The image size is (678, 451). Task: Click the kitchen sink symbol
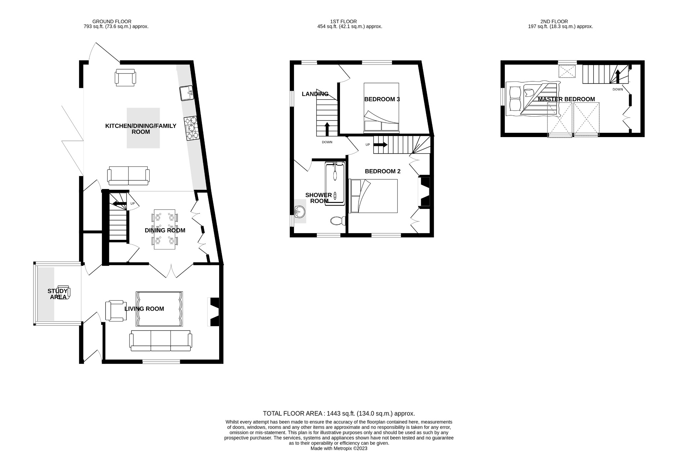coord(187,93)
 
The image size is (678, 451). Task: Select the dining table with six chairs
coord(165,229)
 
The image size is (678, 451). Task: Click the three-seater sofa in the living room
coord(161,341)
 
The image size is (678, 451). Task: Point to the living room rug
coord(159,309)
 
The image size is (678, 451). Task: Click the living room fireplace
coord(214,312)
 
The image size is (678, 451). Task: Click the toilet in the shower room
coord(338,221)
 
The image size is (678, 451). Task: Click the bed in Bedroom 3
coord(381,108)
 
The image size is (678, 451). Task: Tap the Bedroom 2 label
coord(382,171)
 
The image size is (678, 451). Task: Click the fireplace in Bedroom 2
coord(424,192)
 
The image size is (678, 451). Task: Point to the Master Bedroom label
coord(566,99)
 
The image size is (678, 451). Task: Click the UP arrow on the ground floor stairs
coord(120,203)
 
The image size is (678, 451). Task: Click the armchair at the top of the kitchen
coord(125,78)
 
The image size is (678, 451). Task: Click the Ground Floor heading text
coord(112,22)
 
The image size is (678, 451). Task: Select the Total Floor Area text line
coord(339,413)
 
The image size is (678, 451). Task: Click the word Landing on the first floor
coord(315,94)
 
